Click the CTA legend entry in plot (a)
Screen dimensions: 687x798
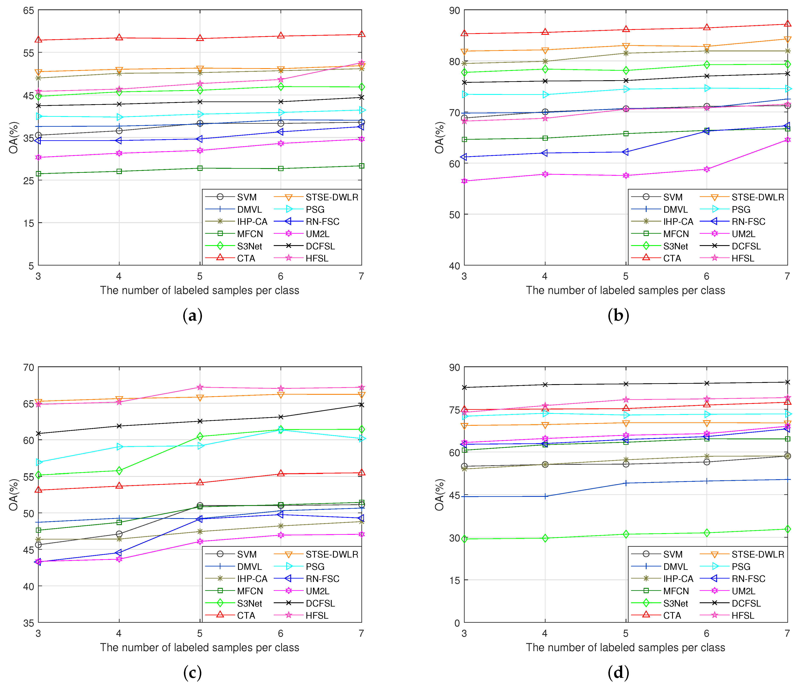246,258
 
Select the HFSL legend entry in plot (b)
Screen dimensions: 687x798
743,258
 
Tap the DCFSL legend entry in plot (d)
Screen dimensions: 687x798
746,603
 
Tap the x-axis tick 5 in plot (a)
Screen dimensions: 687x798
200,276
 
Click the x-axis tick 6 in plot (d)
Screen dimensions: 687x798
706,633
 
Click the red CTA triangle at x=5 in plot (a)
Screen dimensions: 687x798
200,38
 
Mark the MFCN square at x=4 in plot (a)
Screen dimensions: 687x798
119,171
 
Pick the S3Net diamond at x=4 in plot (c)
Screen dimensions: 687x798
119,470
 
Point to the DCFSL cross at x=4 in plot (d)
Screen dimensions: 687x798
545,385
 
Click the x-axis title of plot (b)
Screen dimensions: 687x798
625,290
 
